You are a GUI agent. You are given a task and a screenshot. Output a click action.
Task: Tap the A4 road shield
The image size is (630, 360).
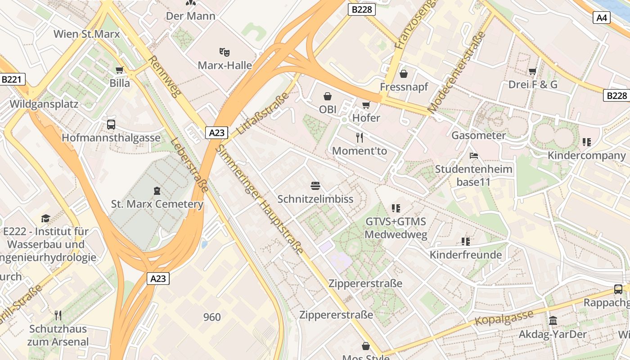pyautogui.click(x=602, y=18)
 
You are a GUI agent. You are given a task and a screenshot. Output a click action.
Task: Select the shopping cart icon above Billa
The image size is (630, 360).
pyautogui.click(x=120, y=70)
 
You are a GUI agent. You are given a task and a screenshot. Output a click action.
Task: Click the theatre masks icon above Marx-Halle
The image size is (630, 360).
pyautogui.click(x=225, y=52)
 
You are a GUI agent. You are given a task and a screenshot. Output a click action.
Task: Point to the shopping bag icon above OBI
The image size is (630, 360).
pyautogui.click(x=328, y=96)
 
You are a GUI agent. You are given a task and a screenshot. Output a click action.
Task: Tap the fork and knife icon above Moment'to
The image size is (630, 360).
pyautogui.click(x=360, y=138)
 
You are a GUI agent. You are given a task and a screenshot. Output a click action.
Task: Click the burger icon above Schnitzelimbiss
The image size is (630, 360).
pyautogui.click(x=315, y=186)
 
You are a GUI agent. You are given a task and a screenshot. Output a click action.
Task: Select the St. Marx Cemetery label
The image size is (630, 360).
pyautogui.click(x=157, y=204)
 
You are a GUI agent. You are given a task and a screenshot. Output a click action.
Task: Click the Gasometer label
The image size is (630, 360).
pyautogui.click(x=478, y=135)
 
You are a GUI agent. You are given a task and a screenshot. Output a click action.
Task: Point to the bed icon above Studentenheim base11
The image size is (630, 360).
pyautogui.click(x=473, y=156)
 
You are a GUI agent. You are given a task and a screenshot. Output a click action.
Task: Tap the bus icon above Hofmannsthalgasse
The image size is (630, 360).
pyautogui.click(x=111, y=125)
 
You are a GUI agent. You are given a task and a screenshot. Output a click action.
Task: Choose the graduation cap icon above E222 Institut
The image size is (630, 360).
pyautogui.click(x=45, y=219)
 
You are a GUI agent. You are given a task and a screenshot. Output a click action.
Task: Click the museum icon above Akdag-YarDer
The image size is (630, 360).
pyautogui.click(x=553, y=321)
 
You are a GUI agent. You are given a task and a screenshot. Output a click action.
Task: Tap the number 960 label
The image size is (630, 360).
pyautogui.click(x=212, y=317)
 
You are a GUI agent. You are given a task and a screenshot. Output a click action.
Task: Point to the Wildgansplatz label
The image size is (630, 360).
pyautogui.click(x=44, y=104)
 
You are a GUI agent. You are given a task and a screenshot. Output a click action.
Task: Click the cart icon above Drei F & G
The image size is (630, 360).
pyautogui.click(x=533, y=71)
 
